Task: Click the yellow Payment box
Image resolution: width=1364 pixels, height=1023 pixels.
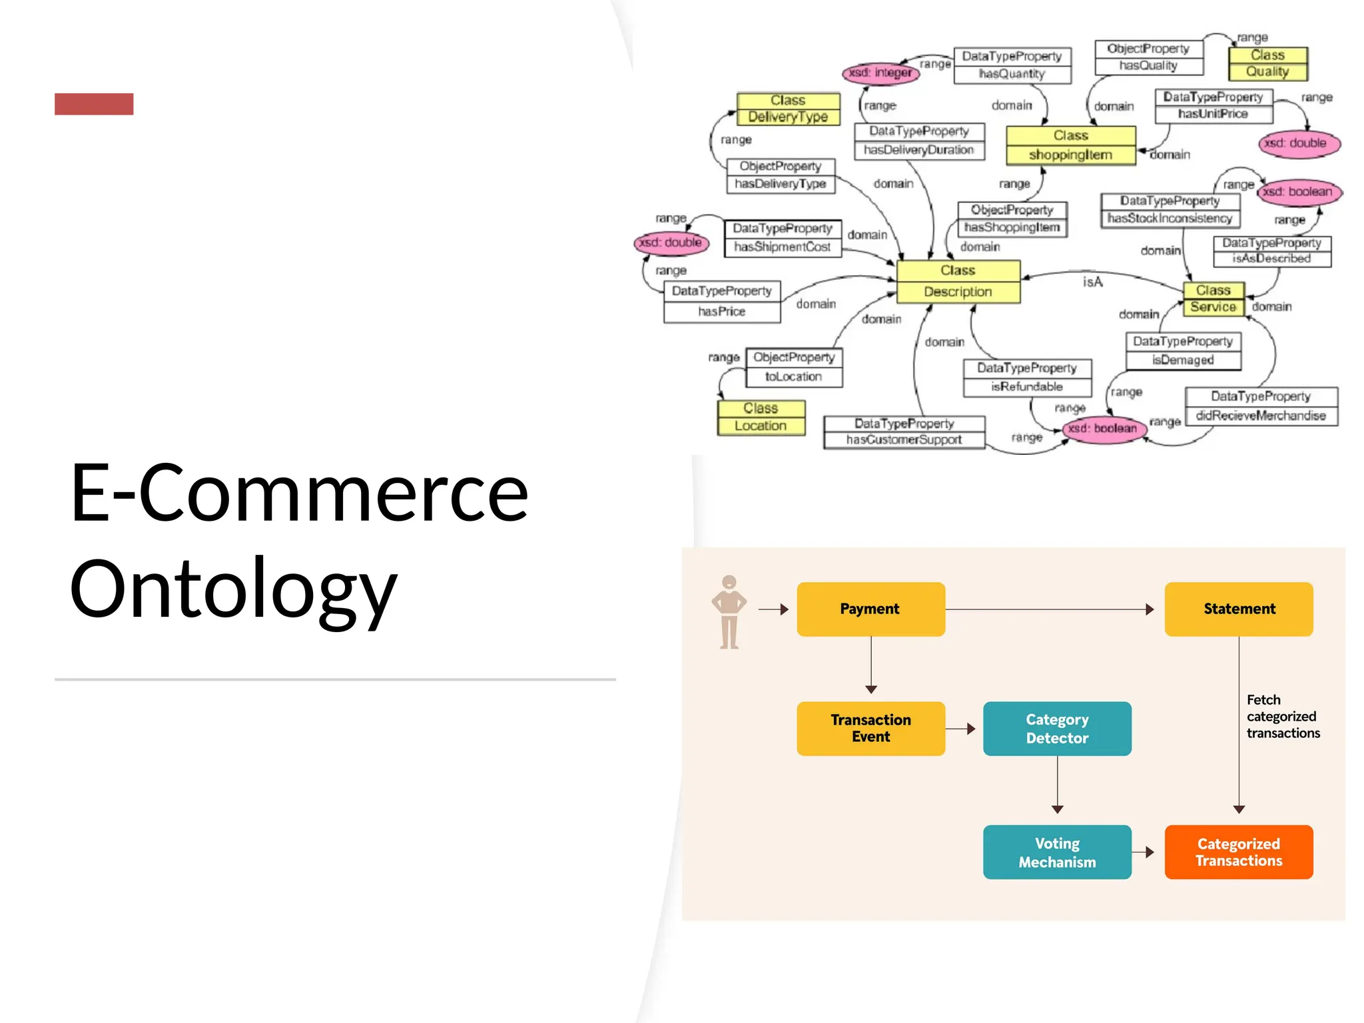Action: click(870, 609)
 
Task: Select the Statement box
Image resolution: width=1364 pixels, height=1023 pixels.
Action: click(1239, 609)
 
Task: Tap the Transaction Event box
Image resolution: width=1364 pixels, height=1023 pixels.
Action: click(870, 728)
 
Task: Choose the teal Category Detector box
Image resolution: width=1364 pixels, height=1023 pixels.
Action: click(1057, 728)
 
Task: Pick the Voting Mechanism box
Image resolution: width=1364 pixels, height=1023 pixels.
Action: click(1057, 852)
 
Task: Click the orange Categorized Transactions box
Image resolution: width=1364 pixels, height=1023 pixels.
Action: click(1239, 852)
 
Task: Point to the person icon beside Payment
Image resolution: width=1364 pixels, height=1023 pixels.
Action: click(729, 611)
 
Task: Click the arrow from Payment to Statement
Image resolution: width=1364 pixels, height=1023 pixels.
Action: click(1049, 609)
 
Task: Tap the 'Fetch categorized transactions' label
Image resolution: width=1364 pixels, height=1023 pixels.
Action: click(1283, 716)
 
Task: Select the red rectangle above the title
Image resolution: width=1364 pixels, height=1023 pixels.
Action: click(94, 104)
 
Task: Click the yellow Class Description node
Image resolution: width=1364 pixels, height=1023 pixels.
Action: click(958, 281)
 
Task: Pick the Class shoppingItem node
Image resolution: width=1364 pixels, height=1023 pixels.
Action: click(1070, 145)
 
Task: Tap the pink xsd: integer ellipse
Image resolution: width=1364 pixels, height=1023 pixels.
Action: click(880, 73)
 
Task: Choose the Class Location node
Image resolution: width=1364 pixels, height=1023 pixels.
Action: click(761, 417)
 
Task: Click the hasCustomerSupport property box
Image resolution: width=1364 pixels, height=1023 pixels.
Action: click(904, 432)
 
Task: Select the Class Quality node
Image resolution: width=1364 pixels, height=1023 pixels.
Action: click(1267, 63)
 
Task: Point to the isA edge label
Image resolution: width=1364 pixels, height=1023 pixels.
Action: click(1092, 282)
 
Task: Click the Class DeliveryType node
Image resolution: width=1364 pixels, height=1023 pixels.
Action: click(788, 109)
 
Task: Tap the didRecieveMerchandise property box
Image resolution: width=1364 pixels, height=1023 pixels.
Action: click(1261, 406)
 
